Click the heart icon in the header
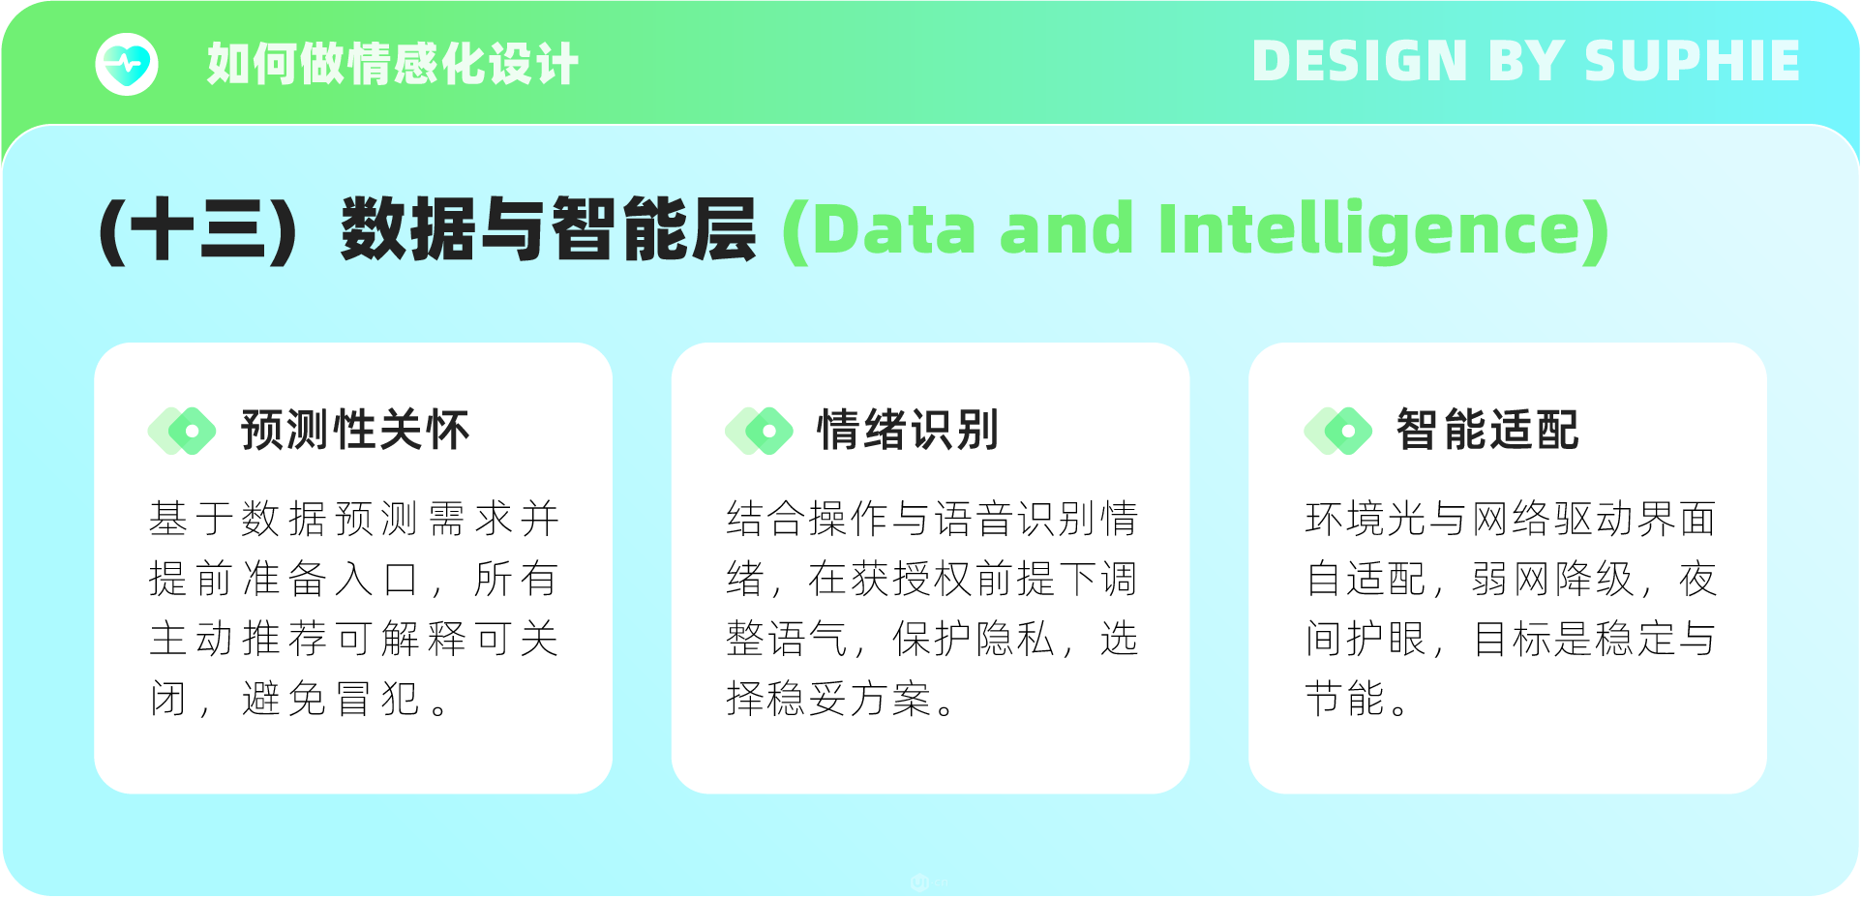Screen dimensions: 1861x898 pos(127,64)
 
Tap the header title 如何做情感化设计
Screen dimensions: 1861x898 pos(393,64)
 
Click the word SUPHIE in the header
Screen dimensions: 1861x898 pos(1692,61)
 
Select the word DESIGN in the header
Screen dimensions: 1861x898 pos(1361,61)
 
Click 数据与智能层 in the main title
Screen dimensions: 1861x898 pos(549,229)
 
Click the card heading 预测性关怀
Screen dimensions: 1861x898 pos(355,430)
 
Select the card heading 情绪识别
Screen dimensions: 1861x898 pos(908,430)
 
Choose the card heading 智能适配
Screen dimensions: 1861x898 pos(1487,430)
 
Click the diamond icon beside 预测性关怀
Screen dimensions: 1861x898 pos(182,431)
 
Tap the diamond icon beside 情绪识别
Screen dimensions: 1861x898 pos(759,431)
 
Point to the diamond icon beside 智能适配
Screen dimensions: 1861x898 pos(1338,431)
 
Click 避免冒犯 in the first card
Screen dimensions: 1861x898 pos(331,698)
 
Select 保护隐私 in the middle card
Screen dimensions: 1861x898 pos(973,639)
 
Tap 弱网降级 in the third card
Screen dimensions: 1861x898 pos(1552,579)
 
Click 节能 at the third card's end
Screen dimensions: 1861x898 pos(1345,698)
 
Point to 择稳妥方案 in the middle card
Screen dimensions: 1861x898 pos(828,698)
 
